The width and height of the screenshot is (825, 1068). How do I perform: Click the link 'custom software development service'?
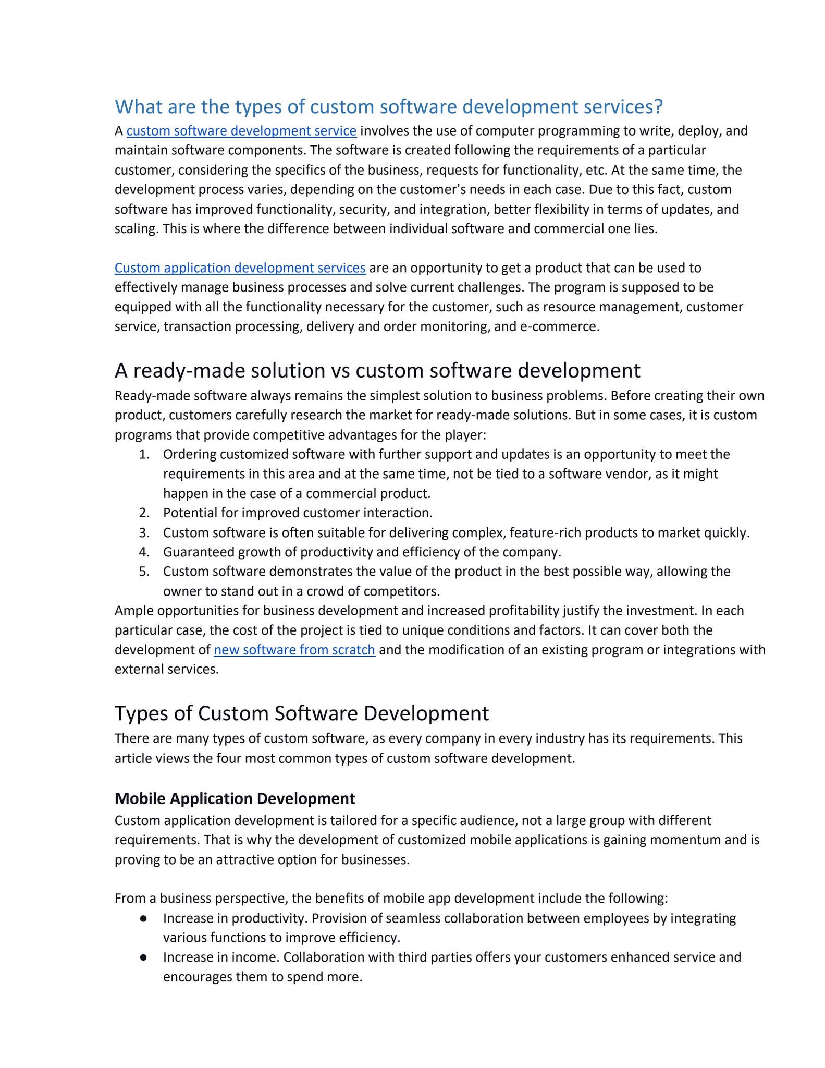pyautogui.click(x=241, y=131)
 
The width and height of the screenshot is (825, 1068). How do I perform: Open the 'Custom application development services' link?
pyautogui.click(x=240, y=268)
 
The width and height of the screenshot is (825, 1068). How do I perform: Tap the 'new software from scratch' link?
pyautogui.click(x=294, y=650)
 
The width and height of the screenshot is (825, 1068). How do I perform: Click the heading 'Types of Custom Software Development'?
pyautogui.click(x=302, y=713)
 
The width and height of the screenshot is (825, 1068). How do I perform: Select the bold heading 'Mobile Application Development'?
pyautogui.click(x=235, y=798)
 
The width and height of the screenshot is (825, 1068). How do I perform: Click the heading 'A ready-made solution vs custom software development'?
pyautogui.click(x=377, y=370)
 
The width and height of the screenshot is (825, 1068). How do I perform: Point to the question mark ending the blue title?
pyautogui.click(x=658, y=107)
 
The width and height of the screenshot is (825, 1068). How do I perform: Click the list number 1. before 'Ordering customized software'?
pyautogui.click(x=144, y=454)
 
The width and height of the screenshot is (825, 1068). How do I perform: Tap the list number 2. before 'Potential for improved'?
pyautogui.click(x=144, y=513)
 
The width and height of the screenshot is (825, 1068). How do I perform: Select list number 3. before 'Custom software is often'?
pyautogui.click(x=144, y=533)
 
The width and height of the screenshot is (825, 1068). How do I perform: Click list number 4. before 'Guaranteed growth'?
pyautogui.click(x=144, y=552)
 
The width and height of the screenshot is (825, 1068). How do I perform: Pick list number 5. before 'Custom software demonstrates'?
pyautogui.click(x=144, y=572)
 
